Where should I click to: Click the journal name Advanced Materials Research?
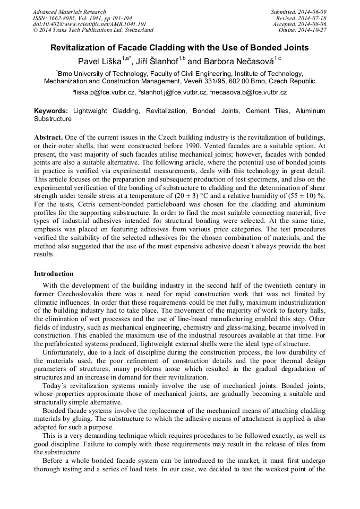click(69, 12)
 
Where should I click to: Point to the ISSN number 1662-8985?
click(62, 18)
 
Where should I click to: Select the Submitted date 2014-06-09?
click(312, 12)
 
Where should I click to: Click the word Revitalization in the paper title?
click(79, 48)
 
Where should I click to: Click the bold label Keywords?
click(51, 111)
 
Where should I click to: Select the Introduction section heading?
click(54, 274)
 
